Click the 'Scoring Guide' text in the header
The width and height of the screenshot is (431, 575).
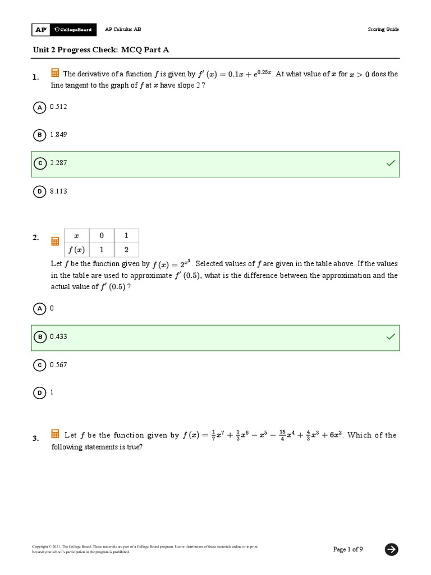click(383, 30)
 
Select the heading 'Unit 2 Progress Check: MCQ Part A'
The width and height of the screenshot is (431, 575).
click(101, 50)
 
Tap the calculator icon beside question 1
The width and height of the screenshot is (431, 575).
click(56, 73)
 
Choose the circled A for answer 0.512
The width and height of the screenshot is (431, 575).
click(39, 107)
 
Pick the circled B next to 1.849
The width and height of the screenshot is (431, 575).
click(39, 135)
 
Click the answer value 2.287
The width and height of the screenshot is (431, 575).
click(58, 163)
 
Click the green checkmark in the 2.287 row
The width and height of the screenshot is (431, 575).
click(390, 163)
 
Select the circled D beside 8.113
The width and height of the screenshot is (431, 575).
click(39, 191)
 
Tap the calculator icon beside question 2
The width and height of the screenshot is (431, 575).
click(56, 241)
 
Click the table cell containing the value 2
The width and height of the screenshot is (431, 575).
click(126, 250)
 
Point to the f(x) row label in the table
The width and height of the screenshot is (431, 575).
click(76, 250)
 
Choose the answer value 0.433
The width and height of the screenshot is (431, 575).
click(58, 337)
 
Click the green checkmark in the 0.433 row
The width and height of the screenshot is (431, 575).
click(390, 337)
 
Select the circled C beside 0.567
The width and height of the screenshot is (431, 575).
click(39, 365)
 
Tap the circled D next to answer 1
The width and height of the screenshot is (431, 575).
click(39, 393)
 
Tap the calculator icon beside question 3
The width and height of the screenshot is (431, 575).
click(56, 434)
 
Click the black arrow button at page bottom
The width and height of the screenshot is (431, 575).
click(392, 549)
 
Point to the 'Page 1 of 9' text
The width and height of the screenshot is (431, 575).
click(348, 549)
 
